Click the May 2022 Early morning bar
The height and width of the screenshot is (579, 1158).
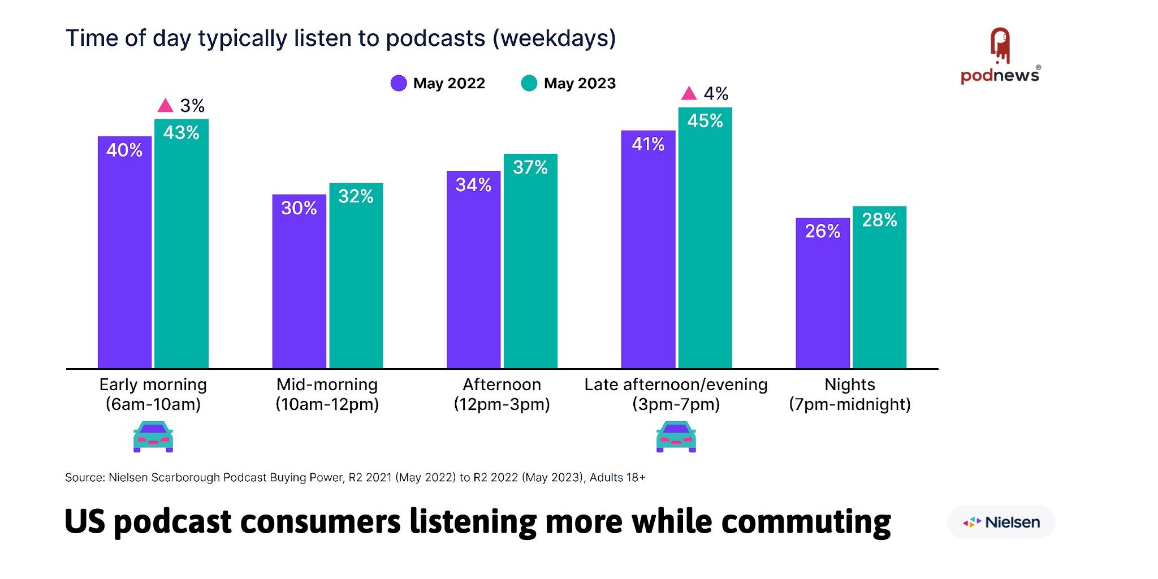124,254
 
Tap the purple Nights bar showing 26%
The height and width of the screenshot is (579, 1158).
822,294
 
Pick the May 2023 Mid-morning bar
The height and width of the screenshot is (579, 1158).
356,277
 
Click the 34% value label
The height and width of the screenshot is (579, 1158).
473,185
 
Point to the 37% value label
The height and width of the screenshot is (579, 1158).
530,167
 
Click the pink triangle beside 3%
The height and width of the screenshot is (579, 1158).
165,106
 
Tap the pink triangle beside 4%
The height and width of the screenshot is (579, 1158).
689,93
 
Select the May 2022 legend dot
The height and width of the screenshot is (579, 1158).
399,84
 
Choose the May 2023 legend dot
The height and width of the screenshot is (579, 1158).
529,84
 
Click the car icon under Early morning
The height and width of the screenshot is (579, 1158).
153,437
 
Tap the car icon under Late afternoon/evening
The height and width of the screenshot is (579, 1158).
676,437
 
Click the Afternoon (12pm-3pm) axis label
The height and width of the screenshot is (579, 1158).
502,394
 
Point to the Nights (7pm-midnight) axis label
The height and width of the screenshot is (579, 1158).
849,394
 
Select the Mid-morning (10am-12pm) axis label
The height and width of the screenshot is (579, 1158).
327,394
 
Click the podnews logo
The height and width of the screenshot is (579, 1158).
1000,57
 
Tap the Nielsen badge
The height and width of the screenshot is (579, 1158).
1001,522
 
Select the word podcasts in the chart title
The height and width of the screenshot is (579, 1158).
435,38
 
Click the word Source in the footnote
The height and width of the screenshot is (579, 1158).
84,477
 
